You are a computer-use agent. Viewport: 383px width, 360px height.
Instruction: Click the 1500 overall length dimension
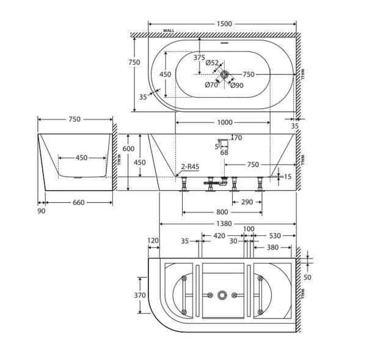point(224,24)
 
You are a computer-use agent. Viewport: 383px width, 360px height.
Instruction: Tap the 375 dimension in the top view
point(199,57)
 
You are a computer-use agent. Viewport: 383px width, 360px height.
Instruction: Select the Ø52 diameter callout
point(212,63)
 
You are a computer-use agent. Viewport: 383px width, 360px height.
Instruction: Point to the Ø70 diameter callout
point(211,85)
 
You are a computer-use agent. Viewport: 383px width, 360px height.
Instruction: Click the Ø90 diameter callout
point(236,86)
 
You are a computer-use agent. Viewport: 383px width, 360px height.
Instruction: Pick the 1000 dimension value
point(225,122)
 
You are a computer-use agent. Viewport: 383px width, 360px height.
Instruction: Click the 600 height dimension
point(128,149)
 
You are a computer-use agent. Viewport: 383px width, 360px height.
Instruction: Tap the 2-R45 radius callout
point(190,167)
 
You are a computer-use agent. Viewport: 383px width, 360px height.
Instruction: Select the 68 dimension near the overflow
point(224,153)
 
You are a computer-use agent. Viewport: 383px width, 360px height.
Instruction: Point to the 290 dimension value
point(247,202)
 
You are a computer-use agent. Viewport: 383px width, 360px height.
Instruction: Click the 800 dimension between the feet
point(222,212)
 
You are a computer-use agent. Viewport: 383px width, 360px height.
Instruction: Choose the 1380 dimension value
point(224,224)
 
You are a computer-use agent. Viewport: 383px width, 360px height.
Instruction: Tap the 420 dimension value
point(219,236)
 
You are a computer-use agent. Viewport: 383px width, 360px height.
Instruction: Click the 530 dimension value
point(275,236)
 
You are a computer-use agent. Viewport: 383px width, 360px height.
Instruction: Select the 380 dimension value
point(273,248)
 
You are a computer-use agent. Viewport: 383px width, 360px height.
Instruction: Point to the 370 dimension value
point(140,295)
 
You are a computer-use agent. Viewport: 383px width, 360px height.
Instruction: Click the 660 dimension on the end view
point(79,202)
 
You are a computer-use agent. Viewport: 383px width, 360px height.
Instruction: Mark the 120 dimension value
point(153,241)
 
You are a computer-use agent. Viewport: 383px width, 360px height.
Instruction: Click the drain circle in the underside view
point(222,295)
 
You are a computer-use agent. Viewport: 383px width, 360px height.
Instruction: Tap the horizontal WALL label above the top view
point(169,31)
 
